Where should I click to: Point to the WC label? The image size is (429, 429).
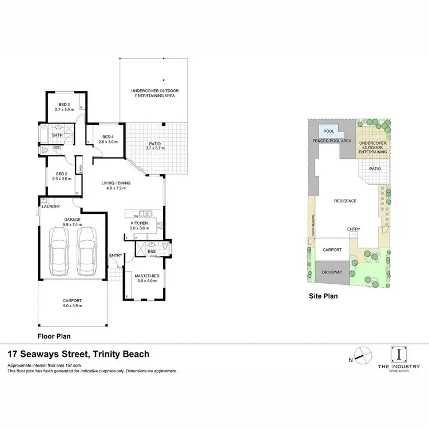click(58, 148)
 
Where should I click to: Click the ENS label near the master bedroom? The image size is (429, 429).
click(152, 250)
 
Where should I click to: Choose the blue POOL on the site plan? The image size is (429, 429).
click(328, 131)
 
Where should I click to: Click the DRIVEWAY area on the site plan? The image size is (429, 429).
click(332, 272)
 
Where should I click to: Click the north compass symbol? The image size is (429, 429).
click(360, 356)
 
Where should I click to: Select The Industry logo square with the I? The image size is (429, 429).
click(398, 355)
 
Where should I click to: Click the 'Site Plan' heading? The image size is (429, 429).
click(324, 296)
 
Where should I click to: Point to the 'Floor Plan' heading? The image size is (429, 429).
click(54, 336)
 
